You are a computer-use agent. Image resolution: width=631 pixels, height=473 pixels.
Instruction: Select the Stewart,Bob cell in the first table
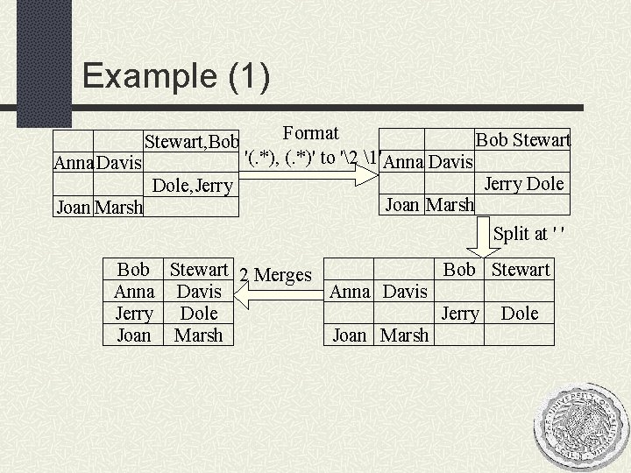coord(192,141)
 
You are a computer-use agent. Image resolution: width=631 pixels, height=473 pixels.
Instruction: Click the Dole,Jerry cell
coord(193,186)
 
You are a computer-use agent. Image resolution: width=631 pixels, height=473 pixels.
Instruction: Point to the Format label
coord(311,133)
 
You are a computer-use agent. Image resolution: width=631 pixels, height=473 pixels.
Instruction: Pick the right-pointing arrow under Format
coord(307,180)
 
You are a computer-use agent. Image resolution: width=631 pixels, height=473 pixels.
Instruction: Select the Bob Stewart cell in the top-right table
coord(522,140)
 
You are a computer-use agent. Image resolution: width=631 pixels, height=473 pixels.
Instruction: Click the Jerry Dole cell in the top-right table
coord(524,184)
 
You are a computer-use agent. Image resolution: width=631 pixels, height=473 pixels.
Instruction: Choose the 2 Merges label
coord(275,275)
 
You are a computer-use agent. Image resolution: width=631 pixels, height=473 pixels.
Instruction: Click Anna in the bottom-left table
coord(134,292)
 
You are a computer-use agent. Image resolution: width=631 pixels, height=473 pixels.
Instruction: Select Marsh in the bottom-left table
coord(199,335)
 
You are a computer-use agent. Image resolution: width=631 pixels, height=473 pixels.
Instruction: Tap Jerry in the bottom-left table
coord(134,314)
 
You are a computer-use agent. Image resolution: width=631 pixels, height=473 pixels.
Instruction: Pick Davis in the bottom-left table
coord(199,292)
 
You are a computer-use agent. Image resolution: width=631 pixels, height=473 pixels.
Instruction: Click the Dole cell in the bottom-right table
coord(520,313)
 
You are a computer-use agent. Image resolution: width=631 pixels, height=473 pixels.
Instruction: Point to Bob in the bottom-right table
coord(459,270)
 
